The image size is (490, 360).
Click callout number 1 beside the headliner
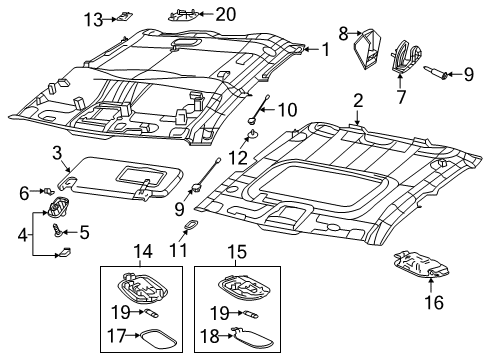pos(324,48)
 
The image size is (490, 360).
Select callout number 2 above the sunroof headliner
pos(357,100)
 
